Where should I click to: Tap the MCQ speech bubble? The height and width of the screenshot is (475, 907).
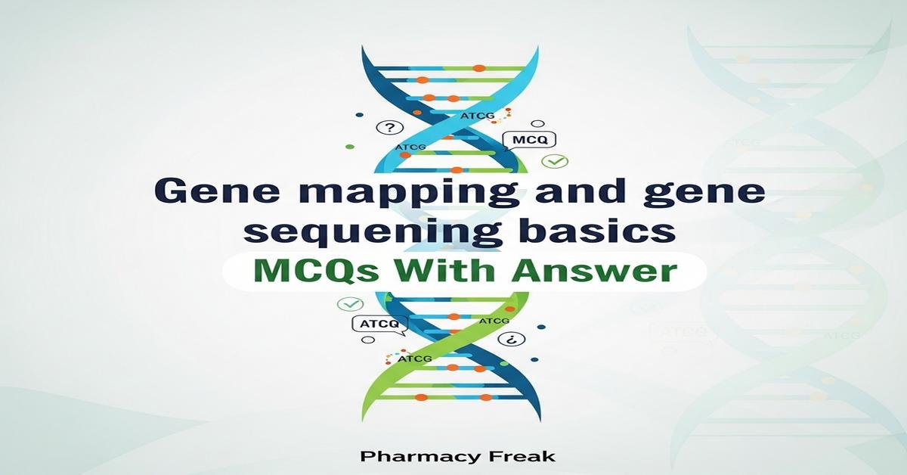point(528,140)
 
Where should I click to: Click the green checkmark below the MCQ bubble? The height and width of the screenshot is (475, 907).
point(556,161)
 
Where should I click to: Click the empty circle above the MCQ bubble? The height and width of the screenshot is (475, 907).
point(538,123)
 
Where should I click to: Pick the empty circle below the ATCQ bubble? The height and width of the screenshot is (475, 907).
point(370,340)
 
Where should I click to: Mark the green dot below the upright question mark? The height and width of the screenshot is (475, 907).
point(349,146)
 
